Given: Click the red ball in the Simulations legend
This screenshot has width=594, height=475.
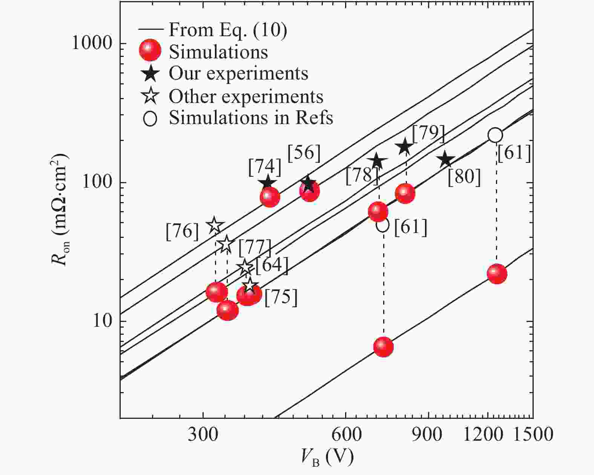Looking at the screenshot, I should [150, 51].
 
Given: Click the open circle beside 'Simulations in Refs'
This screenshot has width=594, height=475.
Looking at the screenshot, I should [150, 119].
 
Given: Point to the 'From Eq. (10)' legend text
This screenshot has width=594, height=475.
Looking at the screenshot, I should [227, 30].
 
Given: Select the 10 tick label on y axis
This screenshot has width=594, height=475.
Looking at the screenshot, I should [101, 321].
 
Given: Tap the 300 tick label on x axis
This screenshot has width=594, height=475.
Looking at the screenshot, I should [203, 434].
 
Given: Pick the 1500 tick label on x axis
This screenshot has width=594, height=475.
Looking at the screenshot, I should [533, 434].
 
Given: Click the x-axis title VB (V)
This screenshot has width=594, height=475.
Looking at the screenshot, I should [327, 457].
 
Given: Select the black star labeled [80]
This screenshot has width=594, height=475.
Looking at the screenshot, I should [446, 159].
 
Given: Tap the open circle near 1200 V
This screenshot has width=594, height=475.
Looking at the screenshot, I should [495, 135].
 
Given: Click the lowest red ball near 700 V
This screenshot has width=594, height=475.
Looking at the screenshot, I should [384, 347].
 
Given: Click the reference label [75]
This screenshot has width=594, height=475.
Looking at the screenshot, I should [281, 298].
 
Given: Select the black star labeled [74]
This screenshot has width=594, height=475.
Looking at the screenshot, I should [267, 183].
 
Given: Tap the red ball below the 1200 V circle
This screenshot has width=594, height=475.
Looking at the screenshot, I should [497, 274].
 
